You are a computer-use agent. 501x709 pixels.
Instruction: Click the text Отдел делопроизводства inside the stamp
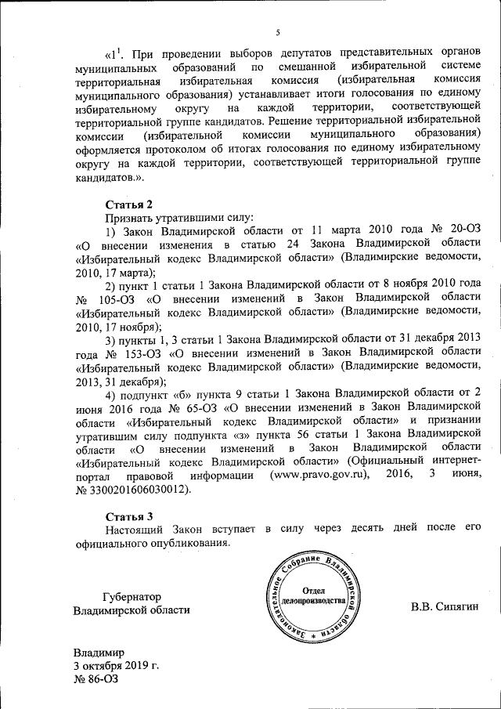[313, 595]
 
